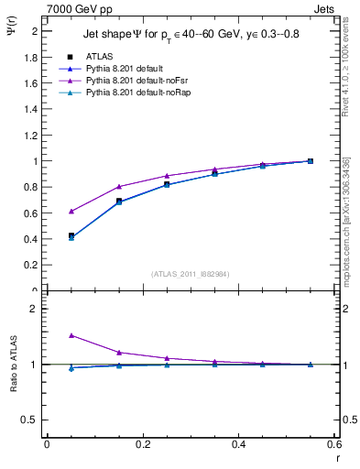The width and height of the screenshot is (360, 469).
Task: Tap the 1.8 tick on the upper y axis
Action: point(31,57)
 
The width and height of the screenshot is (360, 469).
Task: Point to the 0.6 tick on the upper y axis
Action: point(31,213)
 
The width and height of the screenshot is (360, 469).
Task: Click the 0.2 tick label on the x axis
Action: point(142,444)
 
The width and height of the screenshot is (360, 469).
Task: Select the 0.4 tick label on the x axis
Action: point(238,444)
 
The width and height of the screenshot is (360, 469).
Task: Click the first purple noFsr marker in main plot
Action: point(71,211)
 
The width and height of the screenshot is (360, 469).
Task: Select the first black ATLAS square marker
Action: point(71,235)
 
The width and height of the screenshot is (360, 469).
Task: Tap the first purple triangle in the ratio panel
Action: point(71,335)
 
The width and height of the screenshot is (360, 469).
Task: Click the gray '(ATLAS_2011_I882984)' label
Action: point(191,273)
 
